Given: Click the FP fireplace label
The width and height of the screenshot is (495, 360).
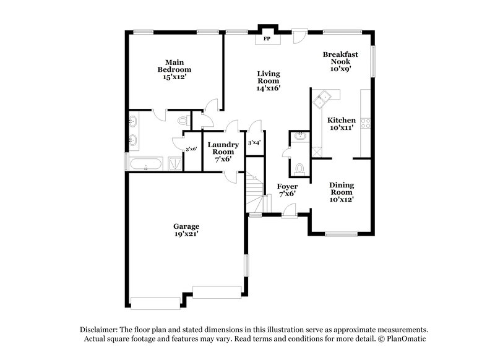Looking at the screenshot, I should [267, 39].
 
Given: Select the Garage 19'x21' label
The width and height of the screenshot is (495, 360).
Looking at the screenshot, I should [186, 230].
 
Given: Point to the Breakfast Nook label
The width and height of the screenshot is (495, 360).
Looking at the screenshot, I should [341, 62].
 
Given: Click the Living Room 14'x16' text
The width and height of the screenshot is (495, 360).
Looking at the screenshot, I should [269, 80].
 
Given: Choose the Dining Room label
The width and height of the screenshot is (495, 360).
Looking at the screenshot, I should [341, 192].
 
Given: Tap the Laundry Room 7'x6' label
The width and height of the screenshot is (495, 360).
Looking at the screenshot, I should [223, 152].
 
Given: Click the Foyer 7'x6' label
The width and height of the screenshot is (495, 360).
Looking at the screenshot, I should [286, 189].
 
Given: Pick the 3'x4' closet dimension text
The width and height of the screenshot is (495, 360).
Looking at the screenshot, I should [254, 143].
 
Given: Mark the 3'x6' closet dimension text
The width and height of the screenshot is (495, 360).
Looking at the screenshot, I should [192, 149].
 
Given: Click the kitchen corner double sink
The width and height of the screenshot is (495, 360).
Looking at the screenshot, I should [323, 97].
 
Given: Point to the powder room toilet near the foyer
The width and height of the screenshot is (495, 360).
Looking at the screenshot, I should [299, 168].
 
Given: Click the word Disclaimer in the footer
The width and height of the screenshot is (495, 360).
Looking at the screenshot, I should [98, 330].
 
